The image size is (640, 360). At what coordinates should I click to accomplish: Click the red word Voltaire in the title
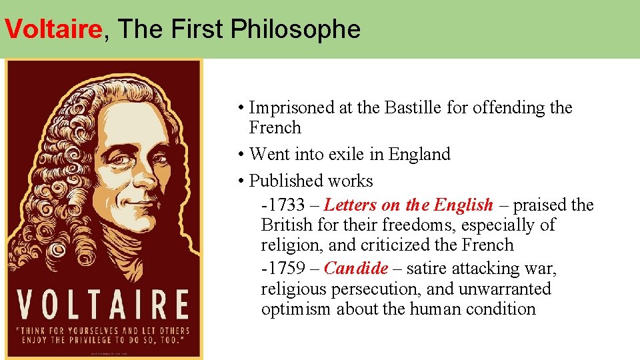pyautogui.click(x=53, y=29)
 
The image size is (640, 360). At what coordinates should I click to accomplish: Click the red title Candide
pyautogui.click(x=356, y=269)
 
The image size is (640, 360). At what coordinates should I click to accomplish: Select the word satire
pyautogui.click(x=427, y=269)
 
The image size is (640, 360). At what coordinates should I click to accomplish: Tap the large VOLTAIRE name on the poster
pyautogui.click(x=103, y=303)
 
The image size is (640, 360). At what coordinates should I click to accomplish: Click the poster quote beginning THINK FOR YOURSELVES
pyautogui.click(x=103, y=336)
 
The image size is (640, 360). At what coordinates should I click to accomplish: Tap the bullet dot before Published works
pyautogui.click(x=239, y=181)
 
